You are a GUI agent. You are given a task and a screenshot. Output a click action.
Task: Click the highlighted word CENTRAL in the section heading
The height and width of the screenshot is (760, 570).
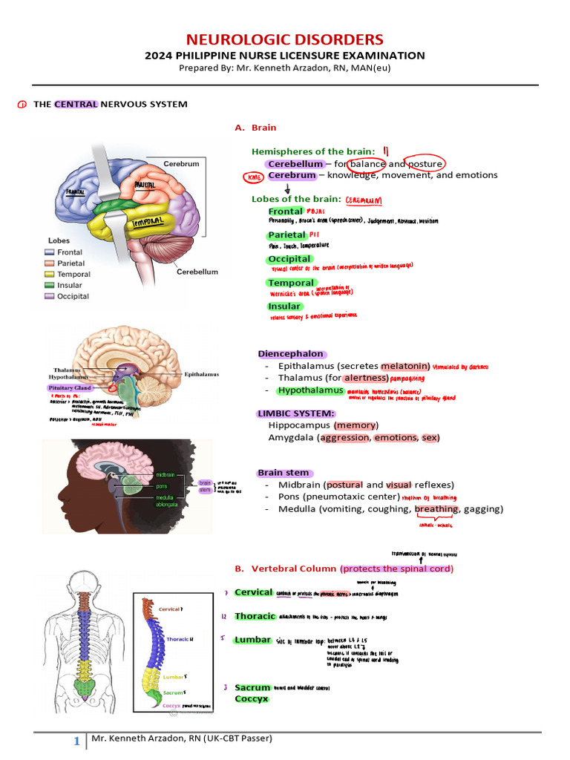76,105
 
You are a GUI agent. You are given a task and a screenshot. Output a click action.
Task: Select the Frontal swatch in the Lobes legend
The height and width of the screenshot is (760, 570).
50,253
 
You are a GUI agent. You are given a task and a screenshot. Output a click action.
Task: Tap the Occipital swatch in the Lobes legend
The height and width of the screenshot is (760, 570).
50,296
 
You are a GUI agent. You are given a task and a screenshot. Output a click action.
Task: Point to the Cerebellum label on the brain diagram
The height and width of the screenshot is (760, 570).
197,272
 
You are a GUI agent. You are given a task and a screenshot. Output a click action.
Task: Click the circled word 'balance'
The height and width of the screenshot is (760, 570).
367,164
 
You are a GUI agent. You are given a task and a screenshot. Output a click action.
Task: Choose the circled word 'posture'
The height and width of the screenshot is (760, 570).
425,164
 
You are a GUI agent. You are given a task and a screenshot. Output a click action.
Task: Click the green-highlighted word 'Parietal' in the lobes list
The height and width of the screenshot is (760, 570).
286,235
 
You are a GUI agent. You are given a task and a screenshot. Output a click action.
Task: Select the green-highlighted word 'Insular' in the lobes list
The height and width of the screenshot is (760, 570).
284,307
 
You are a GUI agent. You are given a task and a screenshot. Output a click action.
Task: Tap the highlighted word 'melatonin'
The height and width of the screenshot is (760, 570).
405,366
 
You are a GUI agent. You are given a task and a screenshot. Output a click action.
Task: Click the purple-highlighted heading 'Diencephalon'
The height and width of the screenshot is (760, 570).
291,354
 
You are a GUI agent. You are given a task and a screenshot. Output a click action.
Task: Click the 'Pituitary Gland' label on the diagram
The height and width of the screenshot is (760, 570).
70,387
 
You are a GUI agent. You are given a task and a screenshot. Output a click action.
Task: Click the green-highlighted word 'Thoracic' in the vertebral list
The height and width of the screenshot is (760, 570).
255,617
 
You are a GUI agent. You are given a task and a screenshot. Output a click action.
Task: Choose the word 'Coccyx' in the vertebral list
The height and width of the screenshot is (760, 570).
252,699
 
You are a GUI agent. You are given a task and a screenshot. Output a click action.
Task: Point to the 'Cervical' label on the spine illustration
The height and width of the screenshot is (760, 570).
169,609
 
